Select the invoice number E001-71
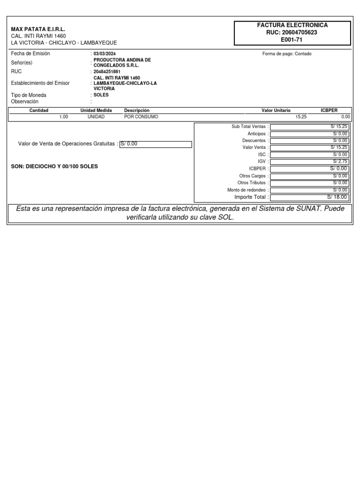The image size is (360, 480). (292, 39)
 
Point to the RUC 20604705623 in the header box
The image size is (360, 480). (292, 32)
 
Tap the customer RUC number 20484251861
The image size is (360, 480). (107, 72)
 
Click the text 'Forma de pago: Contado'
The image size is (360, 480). (287, 54)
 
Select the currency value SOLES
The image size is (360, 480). (101, 95)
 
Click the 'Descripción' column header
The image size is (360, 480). (136, 110)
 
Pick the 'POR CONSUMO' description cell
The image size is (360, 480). (141, 117)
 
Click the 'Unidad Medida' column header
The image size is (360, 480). (96, 110)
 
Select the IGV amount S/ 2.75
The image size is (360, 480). (310, 161)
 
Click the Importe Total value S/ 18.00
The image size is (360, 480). (310, 197)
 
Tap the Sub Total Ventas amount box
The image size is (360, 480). (310, 127)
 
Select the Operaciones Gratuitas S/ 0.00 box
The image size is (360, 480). (156, 144)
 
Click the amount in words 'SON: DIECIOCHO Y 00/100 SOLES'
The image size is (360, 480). (54, 166)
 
